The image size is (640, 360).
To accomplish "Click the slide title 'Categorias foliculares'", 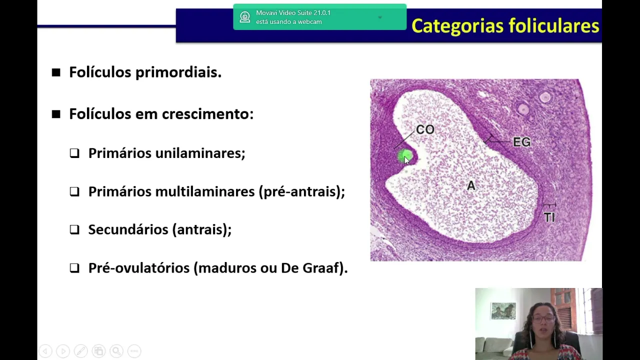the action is coord(505,26).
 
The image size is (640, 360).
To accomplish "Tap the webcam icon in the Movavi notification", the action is coord(245,17).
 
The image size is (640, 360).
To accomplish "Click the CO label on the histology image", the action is coord(425,129).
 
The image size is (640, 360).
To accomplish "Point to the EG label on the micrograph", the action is coord(521,142).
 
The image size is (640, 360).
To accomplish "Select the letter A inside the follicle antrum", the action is coord(471,185).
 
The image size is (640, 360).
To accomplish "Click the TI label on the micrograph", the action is coord(549,217).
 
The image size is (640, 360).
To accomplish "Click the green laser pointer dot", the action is coord(405,156).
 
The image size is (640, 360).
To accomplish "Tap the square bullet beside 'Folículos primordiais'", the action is coord(56,72).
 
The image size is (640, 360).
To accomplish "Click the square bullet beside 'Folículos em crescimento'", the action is coord(56,114).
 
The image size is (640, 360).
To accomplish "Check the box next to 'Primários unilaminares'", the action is coord(74,153).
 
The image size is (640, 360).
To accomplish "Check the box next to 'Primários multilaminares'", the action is coord(74,191).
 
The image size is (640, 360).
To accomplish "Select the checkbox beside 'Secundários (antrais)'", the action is coord(74,229).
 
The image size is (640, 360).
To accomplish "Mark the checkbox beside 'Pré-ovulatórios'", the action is coord(74,268).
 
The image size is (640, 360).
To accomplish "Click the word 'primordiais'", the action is coord(178,72).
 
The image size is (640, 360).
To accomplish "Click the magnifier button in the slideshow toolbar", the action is coord(116,350).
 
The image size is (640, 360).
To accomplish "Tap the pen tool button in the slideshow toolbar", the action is coord(81,350).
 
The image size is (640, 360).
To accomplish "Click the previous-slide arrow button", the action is coord(45,350).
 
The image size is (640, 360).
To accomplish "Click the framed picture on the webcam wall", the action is coord(503,311).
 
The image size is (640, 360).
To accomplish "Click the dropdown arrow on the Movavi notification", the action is coord(380,17).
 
